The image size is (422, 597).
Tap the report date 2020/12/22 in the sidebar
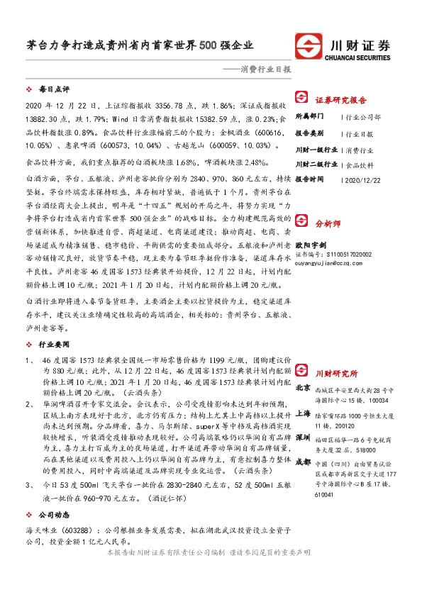(x=362, y=179)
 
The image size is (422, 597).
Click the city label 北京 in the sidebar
(x=302, y=388)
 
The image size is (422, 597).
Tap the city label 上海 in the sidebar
(x=302, y=413)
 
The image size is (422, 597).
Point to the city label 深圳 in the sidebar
(x=302, y=437)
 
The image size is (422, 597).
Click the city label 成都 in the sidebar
(x=302, y=462)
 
